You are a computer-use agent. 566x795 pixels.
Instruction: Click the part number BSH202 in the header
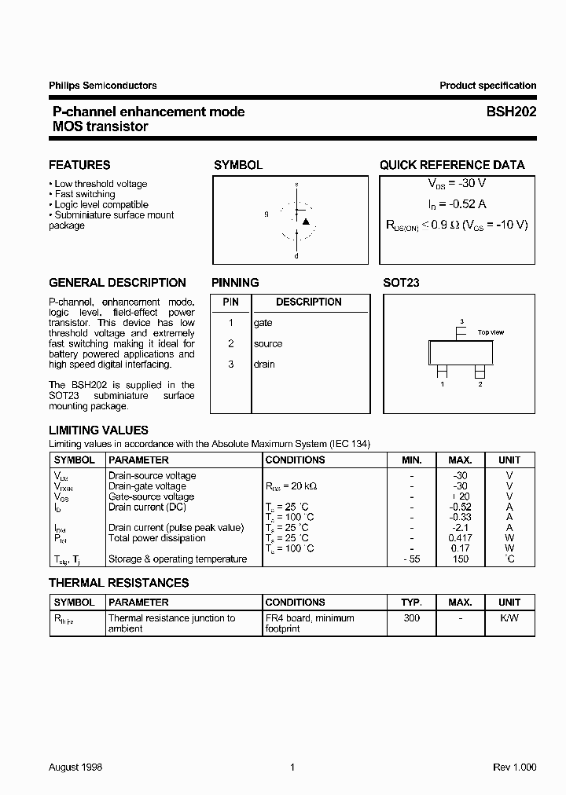[510, 112]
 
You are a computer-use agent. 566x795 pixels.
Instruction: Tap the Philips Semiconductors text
[103, 86]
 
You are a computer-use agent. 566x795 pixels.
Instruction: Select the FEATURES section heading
[79, 165]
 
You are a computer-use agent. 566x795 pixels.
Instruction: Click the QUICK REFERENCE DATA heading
[452, 165]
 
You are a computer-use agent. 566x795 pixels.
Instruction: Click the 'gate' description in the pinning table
[263, 323]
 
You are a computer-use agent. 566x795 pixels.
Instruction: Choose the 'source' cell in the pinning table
[267, 343]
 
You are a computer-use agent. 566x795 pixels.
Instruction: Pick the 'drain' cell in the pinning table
[264, 364]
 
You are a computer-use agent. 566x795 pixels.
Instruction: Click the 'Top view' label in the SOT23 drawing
[491, 332]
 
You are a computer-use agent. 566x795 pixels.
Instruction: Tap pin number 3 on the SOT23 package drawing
[461, 321]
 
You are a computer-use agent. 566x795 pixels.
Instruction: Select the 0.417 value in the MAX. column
[460, 538]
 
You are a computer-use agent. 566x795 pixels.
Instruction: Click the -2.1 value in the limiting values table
[460, 528]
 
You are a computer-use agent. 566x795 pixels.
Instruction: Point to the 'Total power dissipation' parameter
[156, 538]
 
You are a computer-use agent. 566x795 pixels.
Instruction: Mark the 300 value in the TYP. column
[412, 618]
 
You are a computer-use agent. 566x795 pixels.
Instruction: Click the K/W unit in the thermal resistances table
[509, 618]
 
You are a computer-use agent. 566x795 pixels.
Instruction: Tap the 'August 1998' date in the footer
[75, 767]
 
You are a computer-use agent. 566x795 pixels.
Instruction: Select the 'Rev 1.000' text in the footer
[515, 767]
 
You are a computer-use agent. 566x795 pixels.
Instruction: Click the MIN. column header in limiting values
[412, 460]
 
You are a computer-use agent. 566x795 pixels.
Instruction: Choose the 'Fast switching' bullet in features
[84, 194]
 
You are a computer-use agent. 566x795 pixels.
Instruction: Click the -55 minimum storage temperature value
[411, 559]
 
